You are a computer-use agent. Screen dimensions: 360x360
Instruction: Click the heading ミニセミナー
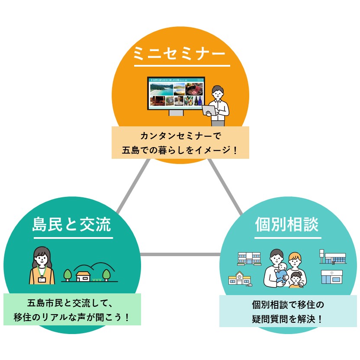pos(180,54)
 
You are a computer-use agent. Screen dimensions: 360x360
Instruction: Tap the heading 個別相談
pos(287,225)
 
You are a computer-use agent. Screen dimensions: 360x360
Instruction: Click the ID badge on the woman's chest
pos(42,279)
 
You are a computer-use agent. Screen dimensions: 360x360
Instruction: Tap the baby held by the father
pos(282,273)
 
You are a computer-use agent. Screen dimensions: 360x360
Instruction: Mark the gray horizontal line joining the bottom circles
pos(180,254)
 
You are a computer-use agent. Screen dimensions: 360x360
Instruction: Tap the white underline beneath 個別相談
pos(288,238)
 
